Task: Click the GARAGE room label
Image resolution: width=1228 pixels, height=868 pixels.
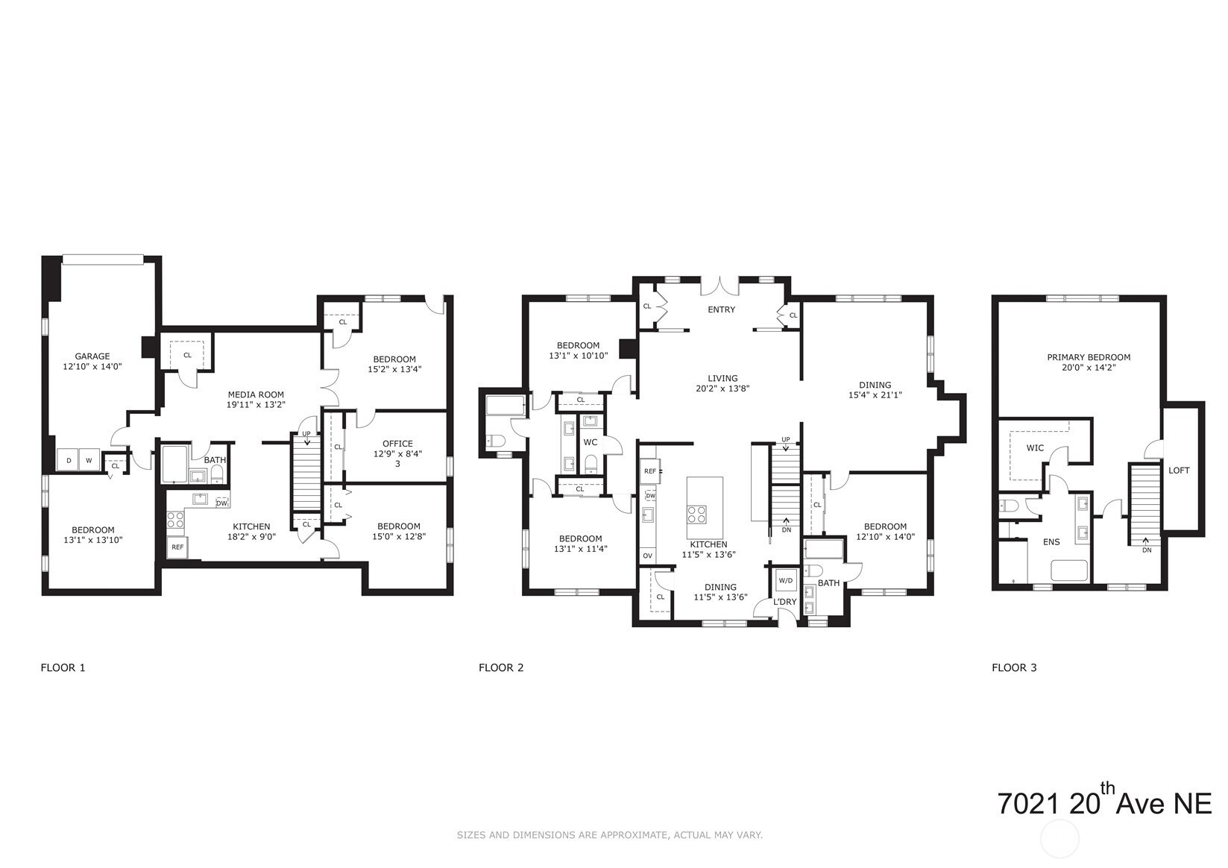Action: coord(92,356)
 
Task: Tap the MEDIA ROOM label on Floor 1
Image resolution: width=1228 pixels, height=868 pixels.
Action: coord(256,394)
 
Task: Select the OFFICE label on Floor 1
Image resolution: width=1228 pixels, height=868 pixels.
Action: coord(397,444)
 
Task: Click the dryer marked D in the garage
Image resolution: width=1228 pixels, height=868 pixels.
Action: coord(69,460)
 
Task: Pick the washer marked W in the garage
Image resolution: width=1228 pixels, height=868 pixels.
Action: coord(89,460)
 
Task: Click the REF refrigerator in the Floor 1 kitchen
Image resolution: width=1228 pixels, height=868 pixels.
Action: coord(177,547)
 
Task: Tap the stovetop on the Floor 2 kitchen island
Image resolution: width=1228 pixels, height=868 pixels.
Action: coord(697,515)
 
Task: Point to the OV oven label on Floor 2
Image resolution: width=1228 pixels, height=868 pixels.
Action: coord(647,556)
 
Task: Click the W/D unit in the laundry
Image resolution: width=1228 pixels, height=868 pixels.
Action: coord(786,580)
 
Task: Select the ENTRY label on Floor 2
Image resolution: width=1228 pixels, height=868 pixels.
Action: coord(722,309)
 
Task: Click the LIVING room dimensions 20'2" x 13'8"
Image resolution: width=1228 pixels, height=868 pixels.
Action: coord(722,389)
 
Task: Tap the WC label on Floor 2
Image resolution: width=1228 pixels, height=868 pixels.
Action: coord(591,442)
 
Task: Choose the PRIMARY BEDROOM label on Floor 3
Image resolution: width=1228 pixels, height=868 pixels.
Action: coord(1089,357)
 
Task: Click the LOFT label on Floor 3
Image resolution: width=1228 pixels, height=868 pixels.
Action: coord(1180,471)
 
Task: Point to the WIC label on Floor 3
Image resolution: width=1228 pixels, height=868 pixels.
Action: coord(1035,448)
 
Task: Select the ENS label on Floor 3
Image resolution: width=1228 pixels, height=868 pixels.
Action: coord(1051,542)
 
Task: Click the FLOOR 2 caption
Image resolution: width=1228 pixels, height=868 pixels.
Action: coord(501,668)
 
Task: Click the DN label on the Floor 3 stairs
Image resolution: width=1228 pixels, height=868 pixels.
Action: coord(1147,550)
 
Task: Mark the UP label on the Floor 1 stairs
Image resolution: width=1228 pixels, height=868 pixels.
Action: coord(306,434)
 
